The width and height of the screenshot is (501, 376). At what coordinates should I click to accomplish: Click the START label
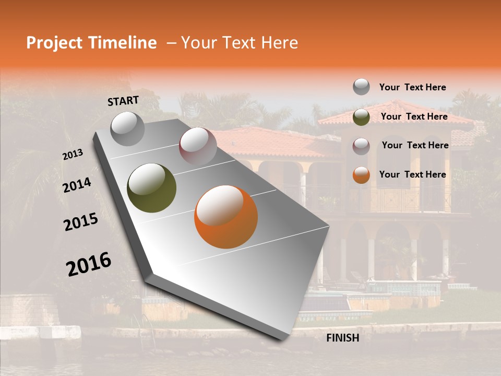[x=123, y=101]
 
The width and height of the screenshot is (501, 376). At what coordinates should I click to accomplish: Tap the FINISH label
[x=342, y=338]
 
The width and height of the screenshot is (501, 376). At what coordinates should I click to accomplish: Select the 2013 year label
[x=73, y=154]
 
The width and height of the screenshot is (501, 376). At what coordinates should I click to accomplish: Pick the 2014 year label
[x=77, y=185]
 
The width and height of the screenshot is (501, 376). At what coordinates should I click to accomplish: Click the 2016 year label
[x=89, y=264]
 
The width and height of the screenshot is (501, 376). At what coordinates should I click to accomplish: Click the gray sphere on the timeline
[x=127, y=128]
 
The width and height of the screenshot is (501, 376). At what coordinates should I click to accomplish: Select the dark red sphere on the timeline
[x=198, y=146]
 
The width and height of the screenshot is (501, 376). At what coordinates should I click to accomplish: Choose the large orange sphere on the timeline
[x=226, y=217]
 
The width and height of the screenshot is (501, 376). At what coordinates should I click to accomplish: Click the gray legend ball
[x=361, y=87]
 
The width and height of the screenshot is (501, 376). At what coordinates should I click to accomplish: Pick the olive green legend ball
[x=361, y=117]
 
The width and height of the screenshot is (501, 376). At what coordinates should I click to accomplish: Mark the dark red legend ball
[x=361, y=146]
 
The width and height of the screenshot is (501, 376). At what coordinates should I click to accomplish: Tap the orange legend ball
[x=361, y=175]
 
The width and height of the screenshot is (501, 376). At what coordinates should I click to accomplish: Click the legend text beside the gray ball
[x=412, y=87]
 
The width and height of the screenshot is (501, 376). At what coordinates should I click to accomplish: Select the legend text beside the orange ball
[x=412, y=174]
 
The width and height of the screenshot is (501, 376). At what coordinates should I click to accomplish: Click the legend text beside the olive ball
[x=414, y=116]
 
